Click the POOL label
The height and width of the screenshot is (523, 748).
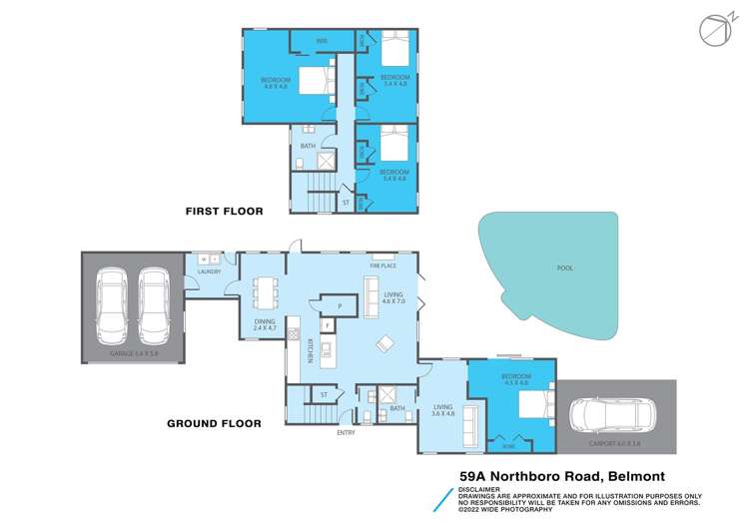pyautogui.click(x=565, y=268)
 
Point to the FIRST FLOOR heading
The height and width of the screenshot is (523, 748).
pyautogui.click(x=223, y=212)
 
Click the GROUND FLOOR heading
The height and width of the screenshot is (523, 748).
pyautogui.click(x=214, y=423)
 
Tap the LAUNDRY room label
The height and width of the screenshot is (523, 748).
pyautogui.click(x=209, y=270)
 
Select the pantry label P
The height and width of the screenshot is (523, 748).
pyautogui.click(x=340, y=305)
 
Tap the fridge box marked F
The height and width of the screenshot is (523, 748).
pyautogui.click(x=327, y=326)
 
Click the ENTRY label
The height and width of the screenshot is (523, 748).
pyautogui.click(x=346, y=433)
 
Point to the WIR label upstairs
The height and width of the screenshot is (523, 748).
pyautogui.click(x=322, y=40)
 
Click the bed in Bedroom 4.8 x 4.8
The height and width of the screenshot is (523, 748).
pyautogui.click(x=317, y=78)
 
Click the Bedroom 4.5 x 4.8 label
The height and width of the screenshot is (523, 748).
pyautogui.click(x=515, y=379)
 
